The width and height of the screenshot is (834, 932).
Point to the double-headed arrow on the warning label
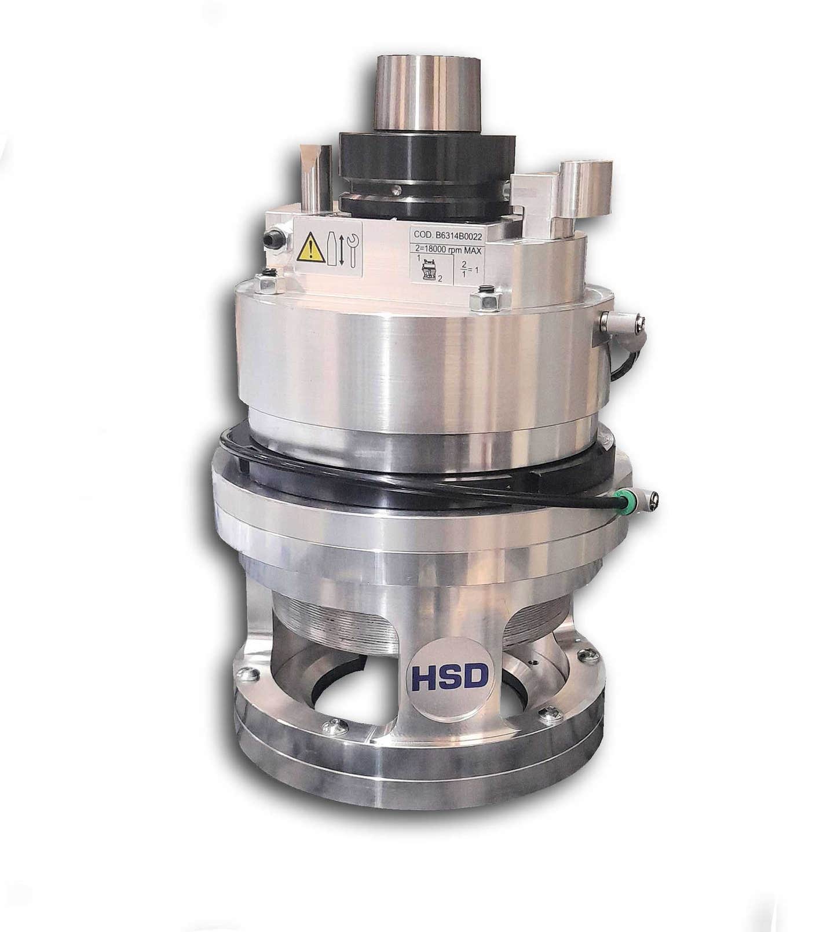pos(342,250)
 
